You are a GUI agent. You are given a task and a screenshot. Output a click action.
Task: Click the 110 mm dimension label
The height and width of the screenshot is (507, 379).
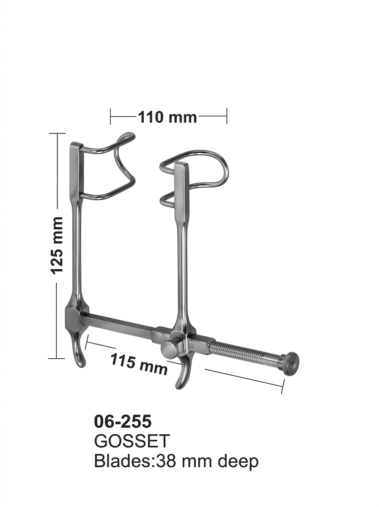(167, 117)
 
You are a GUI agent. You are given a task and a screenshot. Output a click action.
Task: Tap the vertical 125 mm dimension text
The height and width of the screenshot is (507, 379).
(56, 246)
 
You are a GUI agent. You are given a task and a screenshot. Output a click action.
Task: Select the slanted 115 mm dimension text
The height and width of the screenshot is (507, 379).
(139, 365)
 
